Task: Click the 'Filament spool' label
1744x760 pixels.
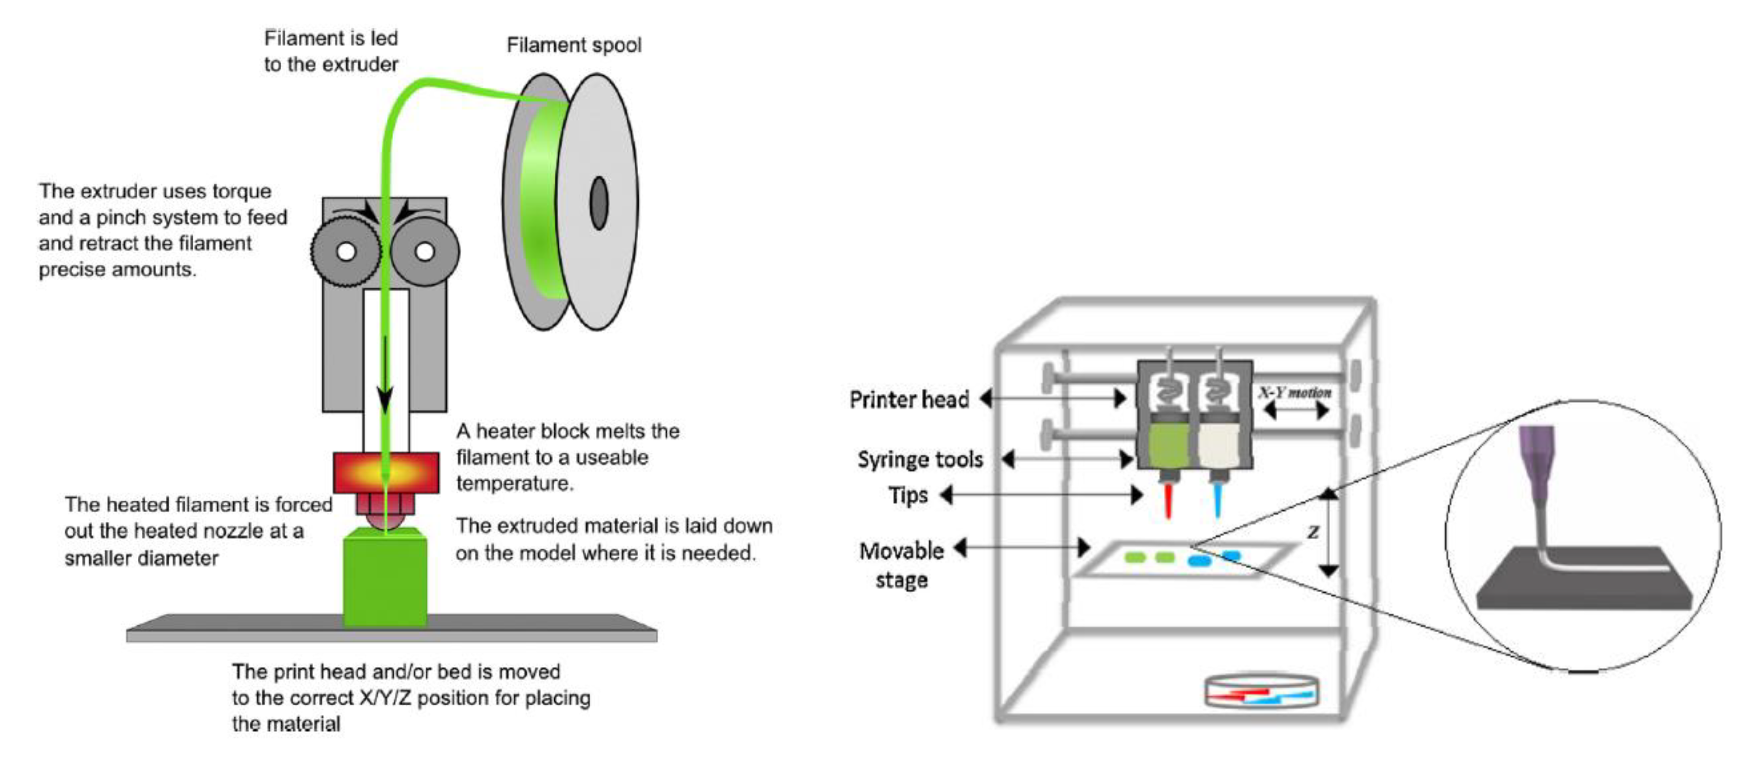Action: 574,45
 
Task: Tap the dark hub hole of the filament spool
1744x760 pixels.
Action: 598,202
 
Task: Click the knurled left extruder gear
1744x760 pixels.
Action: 345,252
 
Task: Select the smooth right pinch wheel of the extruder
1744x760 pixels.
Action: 425,252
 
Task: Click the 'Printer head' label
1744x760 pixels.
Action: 909,400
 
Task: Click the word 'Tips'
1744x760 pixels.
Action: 908,495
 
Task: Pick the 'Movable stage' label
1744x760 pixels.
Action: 901,565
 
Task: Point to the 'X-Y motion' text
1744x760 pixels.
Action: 1295,392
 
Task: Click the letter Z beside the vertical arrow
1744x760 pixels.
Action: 1313,532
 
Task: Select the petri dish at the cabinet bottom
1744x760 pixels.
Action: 1261,692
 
